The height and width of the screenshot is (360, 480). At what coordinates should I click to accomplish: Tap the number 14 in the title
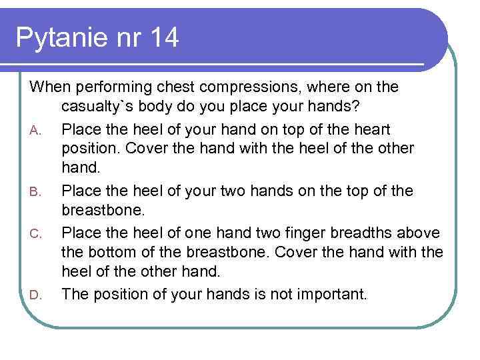tap(163, 38)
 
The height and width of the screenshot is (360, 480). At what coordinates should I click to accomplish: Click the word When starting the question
tap(51, 87)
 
